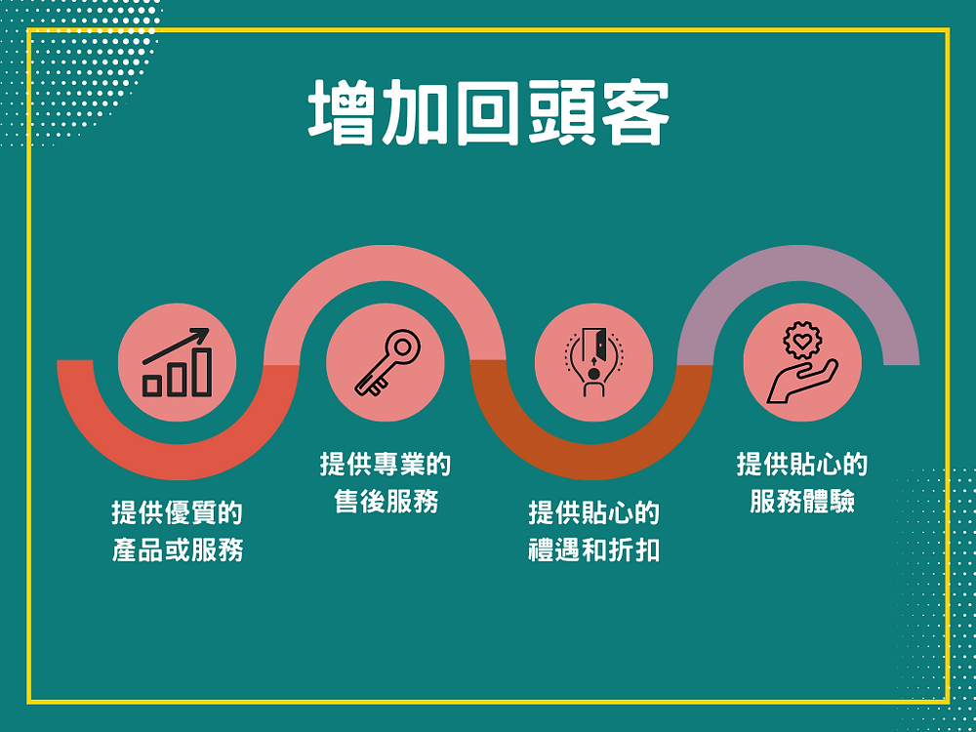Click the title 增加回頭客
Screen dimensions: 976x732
[489, 112]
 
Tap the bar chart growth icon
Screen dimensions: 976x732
[177, 362]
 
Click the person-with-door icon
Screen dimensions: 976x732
[593, 362]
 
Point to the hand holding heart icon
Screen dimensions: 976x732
[802, 362]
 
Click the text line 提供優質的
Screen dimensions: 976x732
[177, 513]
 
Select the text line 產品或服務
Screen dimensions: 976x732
[177, 550]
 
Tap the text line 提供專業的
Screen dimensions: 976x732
[386, 465]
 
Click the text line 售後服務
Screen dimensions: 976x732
[386, 501]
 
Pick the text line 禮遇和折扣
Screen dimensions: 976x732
[593, 550]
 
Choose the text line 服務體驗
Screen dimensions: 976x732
[802, 501]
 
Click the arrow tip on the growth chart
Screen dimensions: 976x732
[208, 330]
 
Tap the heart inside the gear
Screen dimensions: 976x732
[802, 341]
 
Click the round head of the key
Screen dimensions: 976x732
[403, 347]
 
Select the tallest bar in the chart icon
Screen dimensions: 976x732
[202, 372]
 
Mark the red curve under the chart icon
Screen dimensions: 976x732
[178, 462]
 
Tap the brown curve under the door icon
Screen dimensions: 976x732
[591, 462]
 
